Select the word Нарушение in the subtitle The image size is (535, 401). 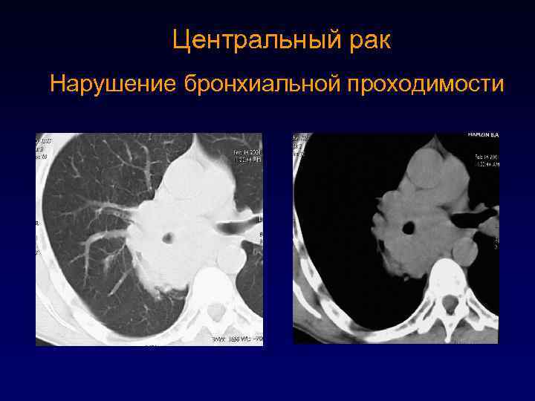pyautogui.click(x=112, y=84)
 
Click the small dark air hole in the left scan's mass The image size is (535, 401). pyautogui.click(x=169, y=238)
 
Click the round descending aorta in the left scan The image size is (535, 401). pyautogui.click(x=232, y=259)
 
